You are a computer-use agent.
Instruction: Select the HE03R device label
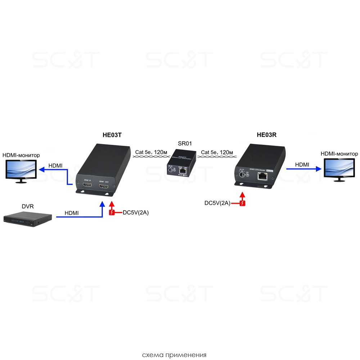point(267,135)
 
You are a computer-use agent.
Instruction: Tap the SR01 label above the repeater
point(185,144)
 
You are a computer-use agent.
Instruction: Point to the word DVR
point(28,207)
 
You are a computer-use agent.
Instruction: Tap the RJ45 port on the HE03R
point(262,176)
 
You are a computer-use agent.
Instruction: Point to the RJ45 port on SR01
point(183,172)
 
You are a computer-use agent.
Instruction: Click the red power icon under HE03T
point(112,212)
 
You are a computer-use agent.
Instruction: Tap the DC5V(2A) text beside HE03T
point(136,212)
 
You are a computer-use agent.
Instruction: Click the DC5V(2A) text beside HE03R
point(217,203)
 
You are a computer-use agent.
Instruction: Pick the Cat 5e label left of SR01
point(151,152)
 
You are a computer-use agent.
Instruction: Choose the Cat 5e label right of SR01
point(217,152)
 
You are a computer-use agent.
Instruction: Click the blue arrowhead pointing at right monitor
point(318,168)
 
